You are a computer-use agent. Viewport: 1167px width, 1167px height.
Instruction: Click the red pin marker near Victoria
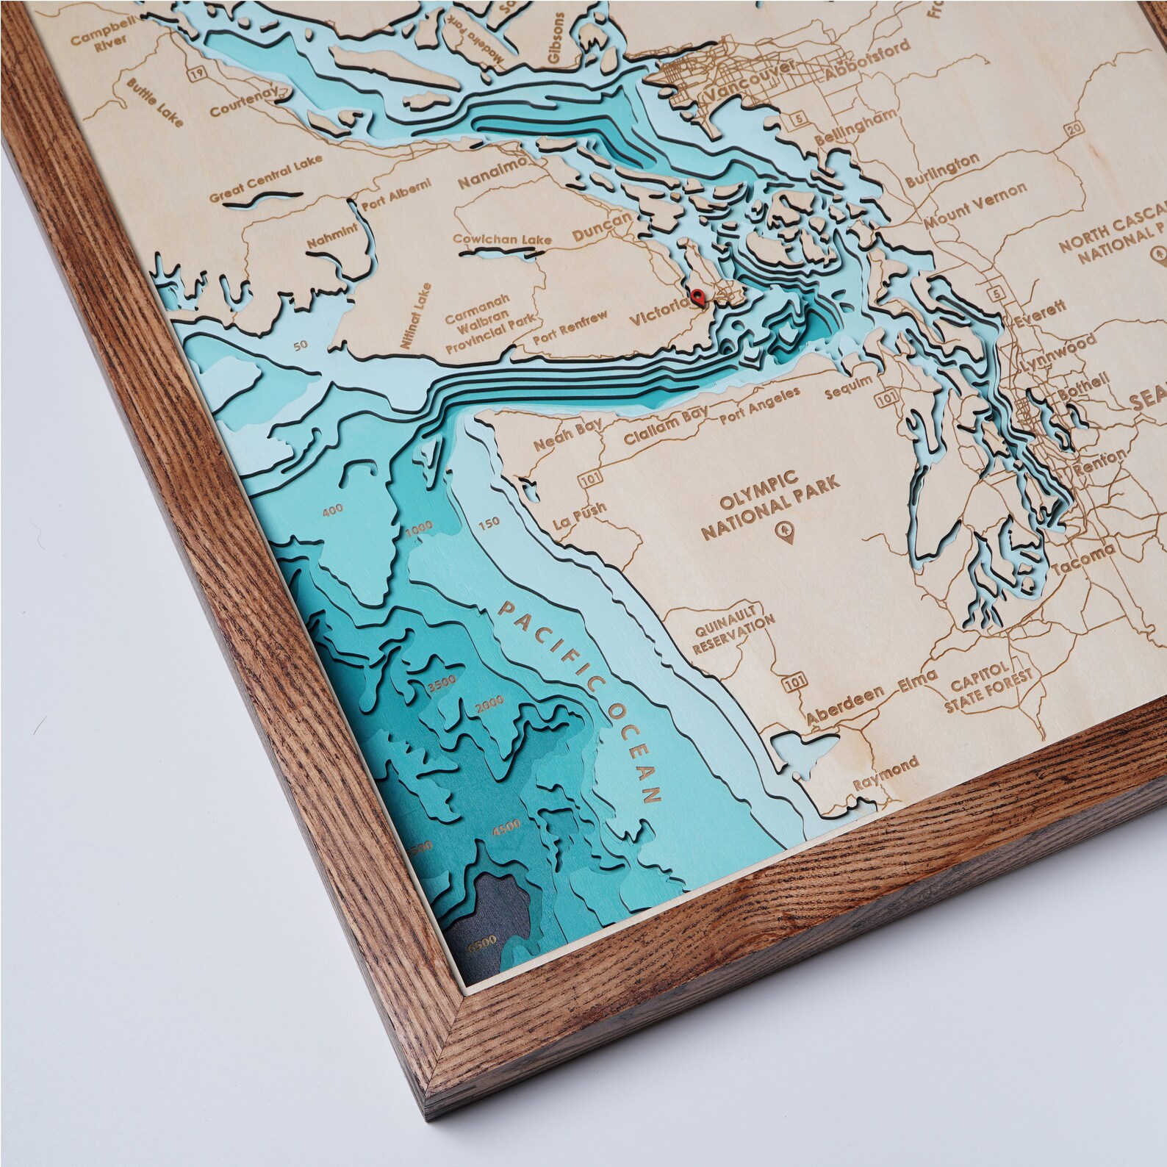697,298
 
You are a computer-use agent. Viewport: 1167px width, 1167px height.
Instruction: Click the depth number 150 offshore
488,523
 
